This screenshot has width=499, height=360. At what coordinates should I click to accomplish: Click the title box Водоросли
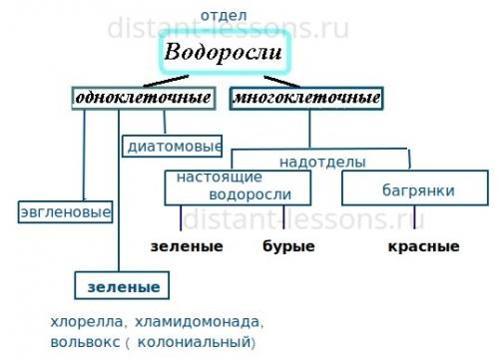(x=225, y=53)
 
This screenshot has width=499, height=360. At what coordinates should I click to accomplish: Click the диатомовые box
(x=173, y=147)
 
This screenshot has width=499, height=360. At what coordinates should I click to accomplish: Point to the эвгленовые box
(x=65, y=211)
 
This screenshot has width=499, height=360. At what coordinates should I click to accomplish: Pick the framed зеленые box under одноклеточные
(x=123, y=286)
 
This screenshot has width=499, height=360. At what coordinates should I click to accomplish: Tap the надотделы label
(x=322, y=161)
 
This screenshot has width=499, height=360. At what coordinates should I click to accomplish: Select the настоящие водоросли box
(x=239, y=185)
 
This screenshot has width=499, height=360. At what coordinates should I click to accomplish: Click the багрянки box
(x=404, y=188)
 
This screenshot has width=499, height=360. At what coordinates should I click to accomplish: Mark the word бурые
(x=288, y=246)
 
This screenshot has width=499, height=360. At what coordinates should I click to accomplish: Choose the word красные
(x=422, y=246)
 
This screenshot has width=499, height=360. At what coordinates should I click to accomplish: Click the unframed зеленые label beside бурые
(x=187, y=246)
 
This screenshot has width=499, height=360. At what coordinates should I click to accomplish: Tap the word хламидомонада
(x=196, y=322)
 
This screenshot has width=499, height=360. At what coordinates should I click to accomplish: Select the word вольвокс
(x=83, y=343)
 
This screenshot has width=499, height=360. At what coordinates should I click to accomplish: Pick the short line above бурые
(x=284, y=219)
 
